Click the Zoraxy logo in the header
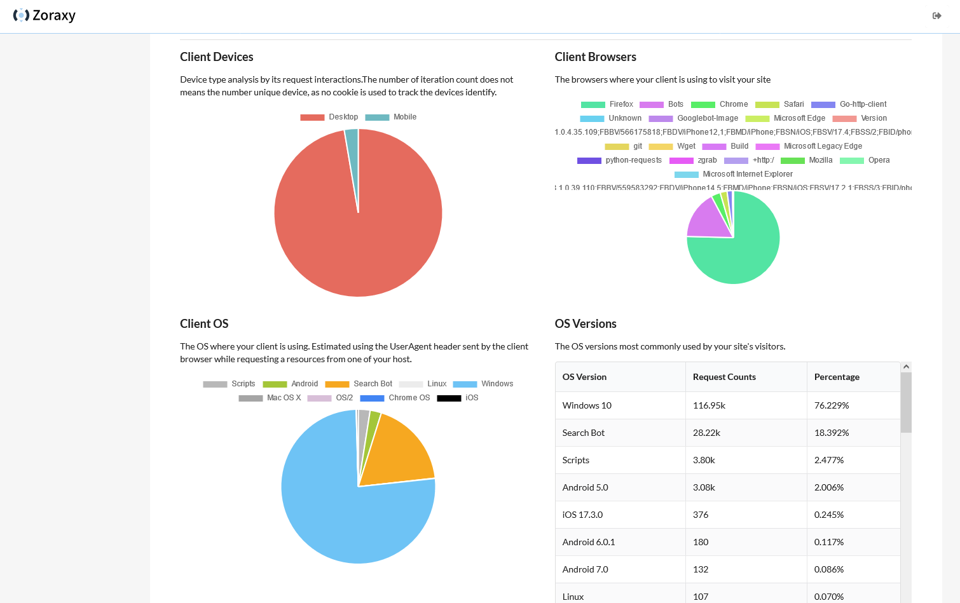click(45, 15)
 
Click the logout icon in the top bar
click(936, 16)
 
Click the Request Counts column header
click(724, 377)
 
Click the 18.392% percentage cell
click(832, 433)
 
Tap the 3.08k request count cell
click(704, 487)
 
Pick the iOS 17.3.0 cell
click(582, 515)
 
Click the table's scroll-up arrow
click(906, 367)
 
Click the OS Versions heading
click(586, 324)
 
